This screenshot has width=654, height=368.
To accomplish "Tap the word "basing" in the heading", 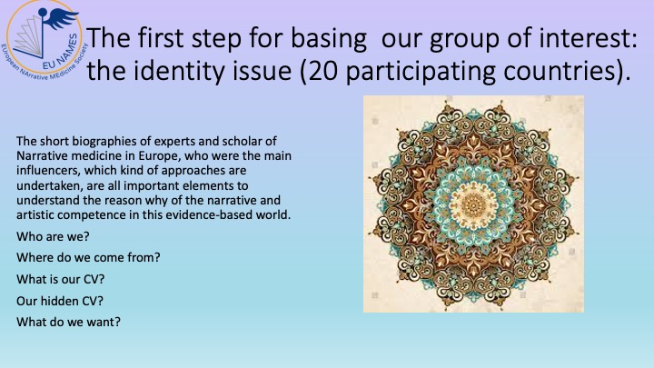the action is coord(328,39).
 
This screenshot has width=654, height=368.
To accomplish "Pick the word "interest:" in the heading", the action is coord(588,37).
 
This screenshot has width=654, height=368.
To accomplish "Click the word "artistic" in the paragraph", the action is coord(35,214).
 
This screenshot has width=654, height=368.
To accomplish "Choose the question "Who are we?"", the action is coord(53,236).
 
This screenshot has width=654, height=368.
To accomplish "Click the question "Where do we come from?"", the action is coord(88,257).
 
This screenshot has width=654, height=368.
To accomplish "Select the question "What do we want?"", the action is coord(68,322).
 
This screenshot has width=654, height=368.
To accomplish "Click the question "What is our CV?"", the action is coord(61,279).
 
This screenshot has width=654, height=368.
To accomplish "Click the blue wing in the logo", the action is coord(62,18).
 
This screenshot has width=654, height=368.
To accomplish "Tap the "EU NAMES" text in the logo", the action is coord(61,53).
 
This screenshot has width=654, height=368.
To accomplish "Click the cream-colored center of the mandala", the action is coord(473,204).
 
